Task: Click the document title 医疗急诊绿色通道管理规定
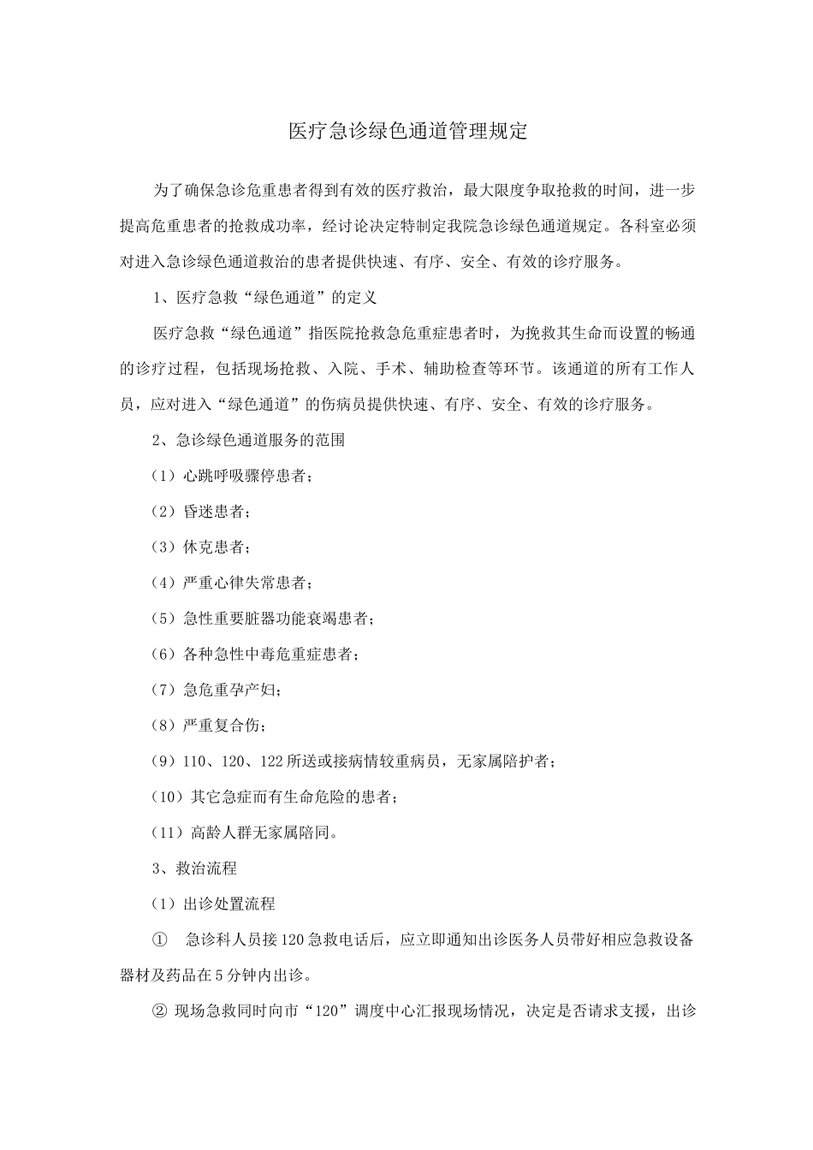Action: [x=406, y=132]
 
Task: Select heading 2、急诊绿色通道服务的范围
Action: [x=248, y=440]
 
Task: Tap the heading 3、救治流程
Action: [x=194, y=868]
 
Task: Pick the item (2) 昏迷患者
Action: [x=200, y=512]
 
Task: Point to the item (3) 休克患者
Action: [x=200, y=547]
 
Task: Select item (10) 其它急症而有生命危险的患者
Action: [x=274, y=797]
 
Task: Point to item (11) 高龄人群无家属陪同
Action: [x=245, y=832]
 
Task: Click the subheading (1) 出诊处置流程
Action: [x=213, y=904]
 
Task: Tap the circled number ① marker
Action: [x=160, y=940]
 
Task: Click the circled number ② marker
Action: [x=160, y=1011]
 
